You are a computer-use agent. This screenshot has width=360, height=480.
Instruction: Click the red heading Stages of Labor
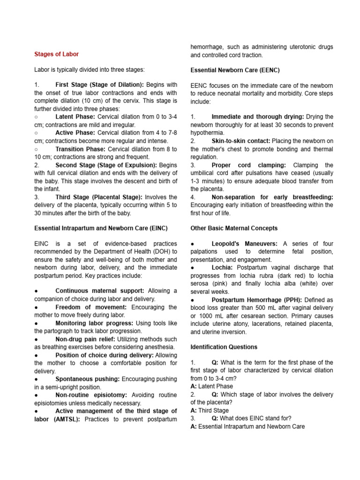56,54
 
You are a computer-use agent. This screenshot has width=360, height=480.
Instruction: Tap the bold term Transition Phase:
81,149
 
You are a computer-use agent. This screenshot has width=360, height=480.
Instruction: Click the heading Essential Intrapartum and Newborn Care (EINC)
101,228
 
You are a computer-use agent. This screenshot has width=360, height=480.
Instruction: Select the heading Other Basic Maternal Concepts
234,228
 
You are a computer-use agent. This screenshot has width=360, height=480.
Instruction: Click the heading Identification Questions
224,347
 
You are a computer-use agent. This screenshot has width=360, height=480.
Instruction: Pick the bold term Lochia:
223,267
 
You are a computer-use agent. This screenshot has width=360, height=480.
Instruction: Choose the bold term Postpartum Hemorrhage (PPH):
251,300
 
